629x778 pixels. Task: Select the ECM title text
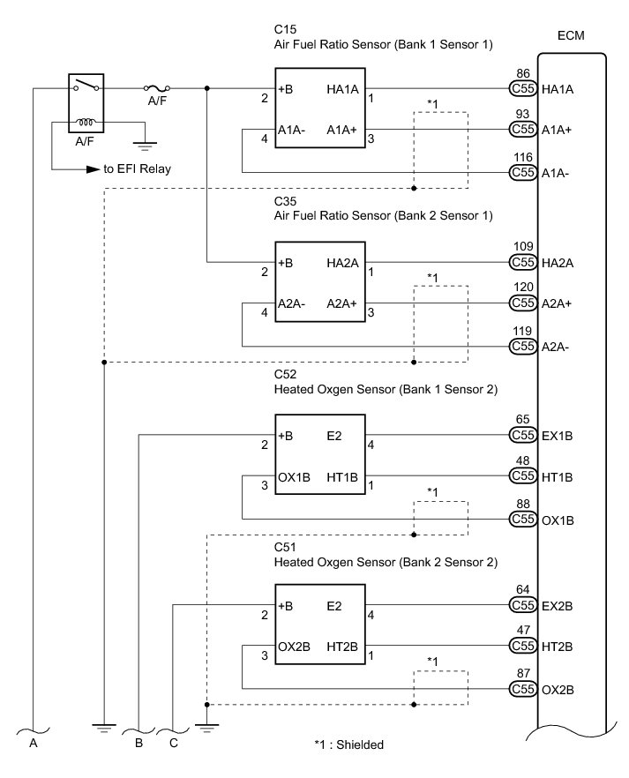click(571, 36)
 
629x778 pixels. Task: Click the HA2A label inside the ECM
click(558, 262)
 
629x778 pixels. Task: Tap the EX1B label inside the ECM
click(558, 435)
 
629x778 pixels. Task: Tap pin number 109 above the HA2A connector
click(522, 248)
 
